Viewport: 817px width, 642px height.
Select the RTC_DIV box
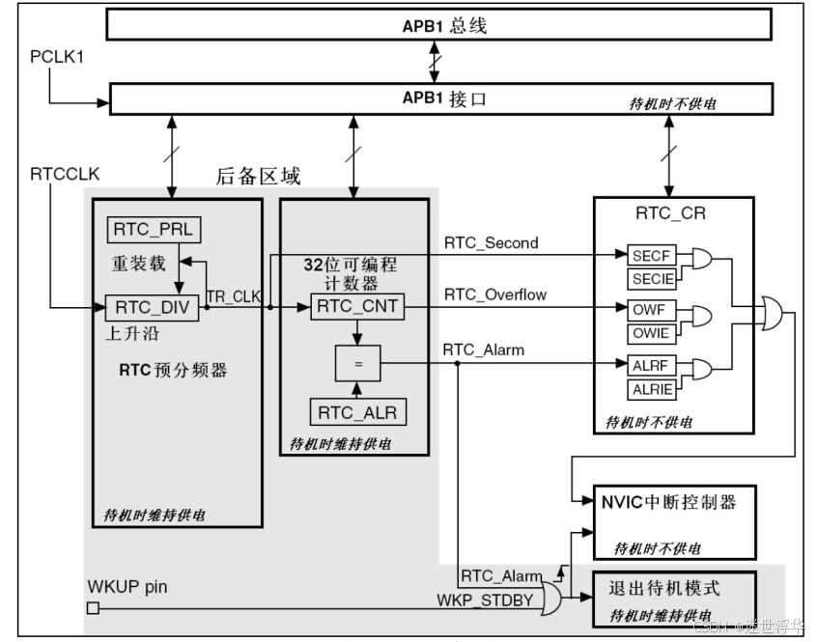coord(152,308)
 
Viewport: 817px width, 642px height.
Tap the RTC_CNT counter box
coord(355,308)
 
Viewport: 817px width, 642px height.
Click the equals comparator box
coord(357,364)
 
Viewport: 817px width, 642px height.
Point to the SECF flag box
coord(649,256)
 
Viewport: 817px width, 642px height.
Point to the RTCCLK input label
coord(66,174)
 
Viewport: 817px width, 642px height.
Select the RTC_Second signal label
coord(492,242)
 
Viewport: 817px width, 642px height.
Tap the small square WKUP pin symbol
coord(93,607)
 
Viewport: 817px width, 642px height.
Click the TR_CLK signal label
coord(234,296)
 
